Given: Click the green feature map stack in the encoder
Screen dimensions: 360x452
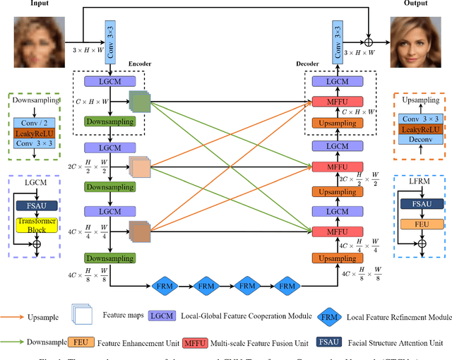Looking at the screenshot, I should pyautogui.click(x=140, y=103).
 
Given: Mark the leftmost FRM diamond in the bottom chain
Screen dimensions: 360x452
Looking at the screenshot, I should pyautogui.click(x=162, y=285).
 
